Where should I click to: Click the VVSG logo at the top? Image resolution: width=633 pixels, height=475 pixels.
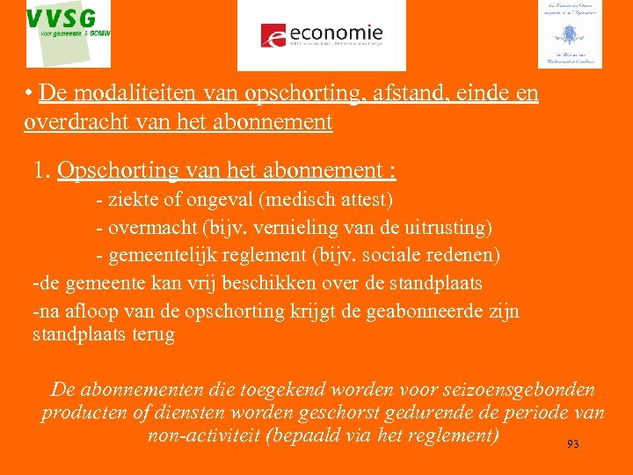(69, 33)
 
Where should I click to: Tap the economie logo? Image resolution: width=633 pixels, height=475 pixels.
(322, 35)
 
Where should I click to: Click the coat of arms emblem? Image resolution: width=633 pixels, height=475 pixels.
(569, 34)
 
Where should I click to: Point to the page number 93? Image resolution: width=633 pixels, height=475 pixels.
(572, 445)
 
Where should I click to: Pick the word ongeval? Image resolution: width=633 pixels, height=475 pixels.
(222, 201)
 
